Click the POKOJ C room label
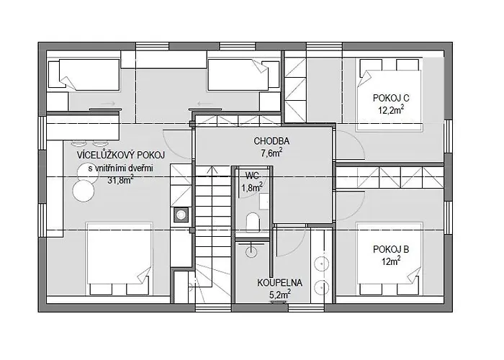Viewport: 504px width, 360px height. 391,98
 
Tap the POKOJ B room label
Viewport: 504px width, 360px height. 391,249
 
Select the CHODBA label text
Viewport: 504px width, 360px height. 271,141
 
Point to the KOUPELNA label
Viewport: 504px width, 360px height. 279,283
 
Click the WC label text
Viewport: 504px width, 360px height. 252,176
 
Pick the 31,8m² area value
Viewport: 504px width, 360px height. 120,180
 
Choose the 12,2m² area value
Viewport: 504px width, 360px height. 391,110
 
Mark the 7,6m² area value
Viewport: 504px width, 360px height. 271,153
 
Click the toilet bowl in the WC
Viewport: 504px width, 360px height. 253,222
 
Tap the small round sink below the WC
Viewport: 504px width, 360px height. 251,251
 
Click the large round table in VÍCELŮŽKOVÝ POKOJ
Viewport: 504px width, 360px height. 84,191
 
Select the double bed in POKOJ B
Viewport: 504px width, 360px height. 390,258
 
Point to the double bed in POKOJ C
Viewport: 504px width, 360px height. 390,95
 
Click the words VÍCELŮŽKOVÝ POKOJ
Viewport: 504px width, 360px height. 121,156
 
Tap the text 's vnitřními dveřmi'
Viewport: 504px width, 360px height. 120,168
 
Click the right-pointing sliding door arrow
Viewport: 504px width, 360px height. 108,104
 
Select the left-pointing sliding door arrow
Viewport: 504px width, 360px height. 204,104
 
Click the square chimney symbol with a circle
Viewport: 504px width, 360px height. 181,215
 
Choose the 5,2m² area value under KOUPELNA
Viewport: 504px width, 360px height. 279,294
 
